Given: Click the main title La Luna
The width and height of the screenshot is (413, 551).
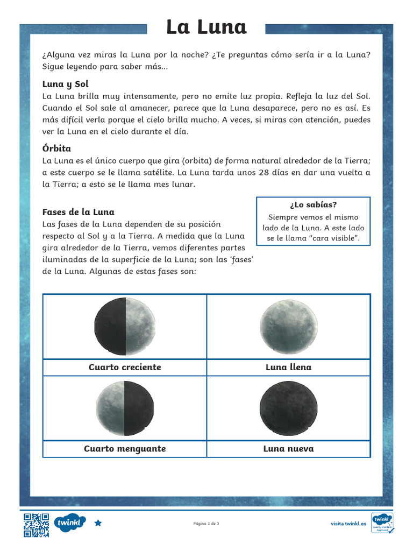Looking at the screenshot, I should coord(206,27).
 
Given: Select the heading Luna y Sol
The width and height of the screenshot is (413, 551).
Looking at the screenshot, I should coord(65,84).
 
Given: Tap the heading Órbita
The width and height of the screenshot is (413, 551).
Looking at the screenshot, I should coord(56,149).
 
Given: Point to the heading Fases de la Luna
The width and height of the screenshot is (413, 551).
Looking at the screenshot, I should coord(78,212).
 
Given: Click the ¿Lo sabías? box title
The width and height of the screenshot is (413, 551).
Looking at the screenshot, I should coord(314,205).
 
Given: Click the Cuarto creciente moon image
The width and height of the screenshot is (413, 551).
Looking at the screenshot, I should coord(125,326).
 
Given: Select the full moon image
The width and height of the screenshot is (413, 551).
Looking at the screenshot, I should coord(289,327).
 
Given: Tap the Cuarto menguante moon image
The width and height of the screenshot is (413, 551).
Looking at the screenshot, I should coord(125,408).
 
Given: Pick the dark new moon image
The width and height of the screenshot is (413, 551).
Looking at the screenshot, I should coord(289,408).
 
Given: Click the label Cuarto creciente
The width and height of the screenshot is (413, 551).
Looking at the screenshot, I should coord(125,367).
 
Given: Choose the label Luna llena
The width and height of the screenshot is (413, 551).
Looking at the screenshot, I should coord(289,367).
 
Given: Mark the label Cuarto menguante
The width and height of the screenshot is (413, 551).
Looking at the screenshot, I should coord(125,449).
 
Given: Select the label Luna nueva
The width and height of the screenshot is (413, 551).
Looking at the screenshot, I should coord(289,449).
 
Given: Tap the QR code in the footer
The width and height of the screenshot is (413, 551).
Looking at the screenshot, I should coord(36,525).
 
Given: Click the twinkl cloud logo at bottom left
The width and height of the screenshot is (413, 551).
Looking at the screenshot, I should coord(69,523).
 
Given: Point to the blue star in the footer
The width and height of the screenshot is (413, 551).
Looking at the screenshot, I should coord(98,523).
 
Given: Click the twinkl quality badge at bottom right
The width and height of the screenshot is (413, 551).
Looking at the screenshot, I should coord(382,523).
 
